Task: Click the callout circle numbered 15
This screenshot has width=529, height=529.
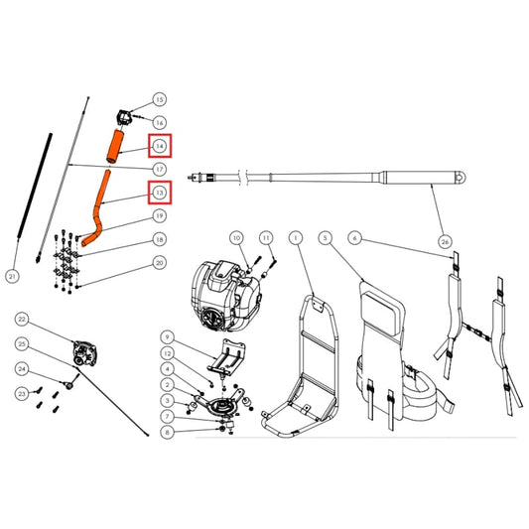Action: tap(159, 100)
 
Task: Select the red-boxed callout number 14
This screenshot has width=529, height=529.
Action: tap(159, 147)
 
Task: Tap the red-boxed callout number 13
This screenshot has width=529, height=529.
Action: tap(159, 192)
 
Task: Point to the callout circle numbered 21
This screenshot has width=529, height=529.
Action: tap(12, 276)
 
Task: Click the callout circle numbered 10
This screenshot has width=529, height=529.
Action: tap(236, 238)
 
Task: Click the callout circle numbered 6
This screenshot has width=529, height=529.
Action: tap(354, 238)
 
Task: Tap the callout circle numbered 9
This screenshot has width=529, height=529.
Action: tap(167, 337)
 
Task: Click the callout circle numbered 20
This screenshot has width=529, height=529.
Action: tap(159, 263)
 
